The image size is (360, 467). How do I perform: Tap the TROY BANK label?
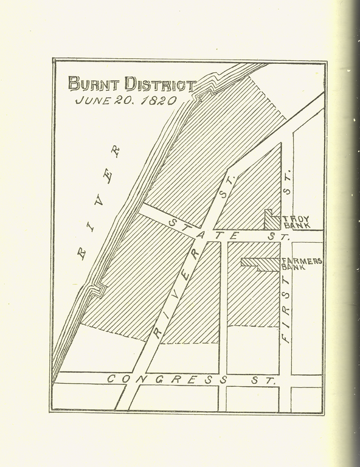296,222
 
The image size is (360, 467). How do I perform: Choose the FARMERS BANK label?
301,263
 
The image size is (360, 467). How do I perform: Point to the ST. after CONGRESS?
260,381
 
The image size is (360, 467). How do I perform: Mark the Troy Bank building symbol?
271,220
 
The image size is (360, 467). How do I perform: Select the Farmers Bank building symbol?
259,263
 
